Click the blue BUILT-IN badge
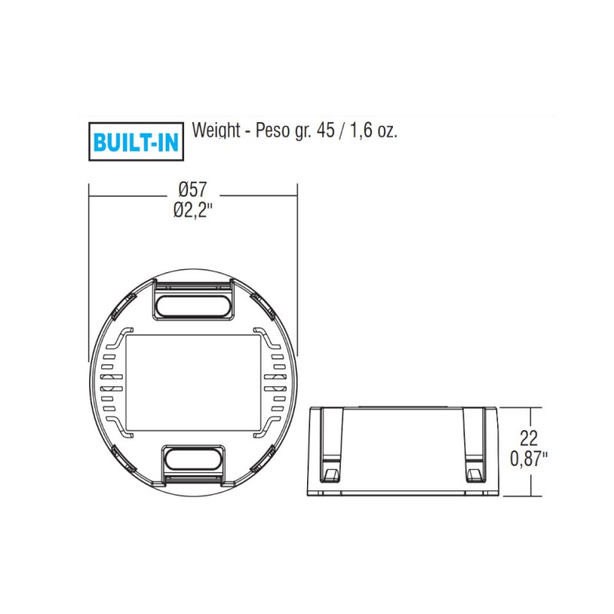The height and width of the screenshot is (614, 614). tap(136, 141)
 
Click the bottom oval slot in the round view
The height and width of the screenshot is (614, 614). tap(193, 463)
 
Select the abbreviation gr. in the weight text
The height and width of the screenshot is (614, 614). tap(304, 131)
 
